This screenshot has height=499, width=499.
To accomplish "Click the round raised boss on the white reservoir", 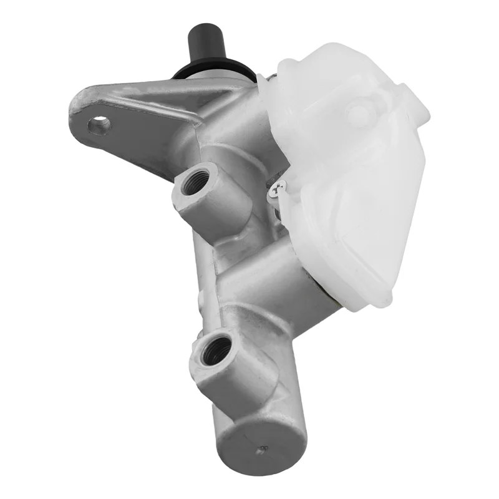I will click(x=358, y=114).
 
